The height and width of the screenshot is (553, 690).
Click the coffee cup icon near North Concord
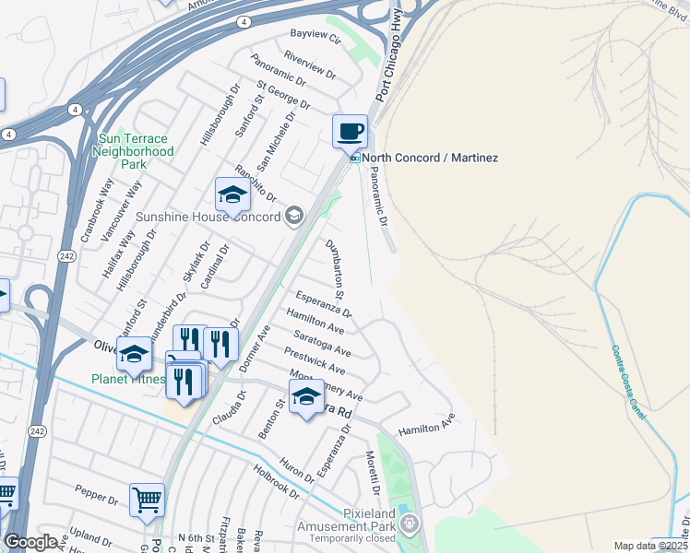[x=350, y=131]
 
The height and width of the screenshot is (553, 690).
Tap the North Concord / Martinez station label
[x=429, y=158]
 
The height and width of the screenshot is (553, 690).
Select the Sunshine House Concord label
[x=208, y=218]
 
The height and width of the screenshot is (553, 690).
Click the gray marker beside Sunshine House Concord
[x=293, y=217]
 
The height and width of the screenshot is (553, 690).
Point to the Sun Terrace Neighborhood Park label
[x=135, y=151]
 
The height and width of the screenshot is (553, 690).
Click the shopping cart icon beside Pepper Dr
[x=147, y=500]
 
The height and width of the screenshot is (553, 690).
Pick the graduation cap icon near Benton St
[x=306, y=397]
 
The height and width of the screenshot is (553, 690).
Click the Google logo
[x=30, y=542]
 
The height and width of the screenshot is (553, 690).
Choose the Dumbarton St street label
[x=338, y=268]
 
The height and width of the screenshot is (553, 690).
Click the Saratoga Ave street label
[x=323, y=344]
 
